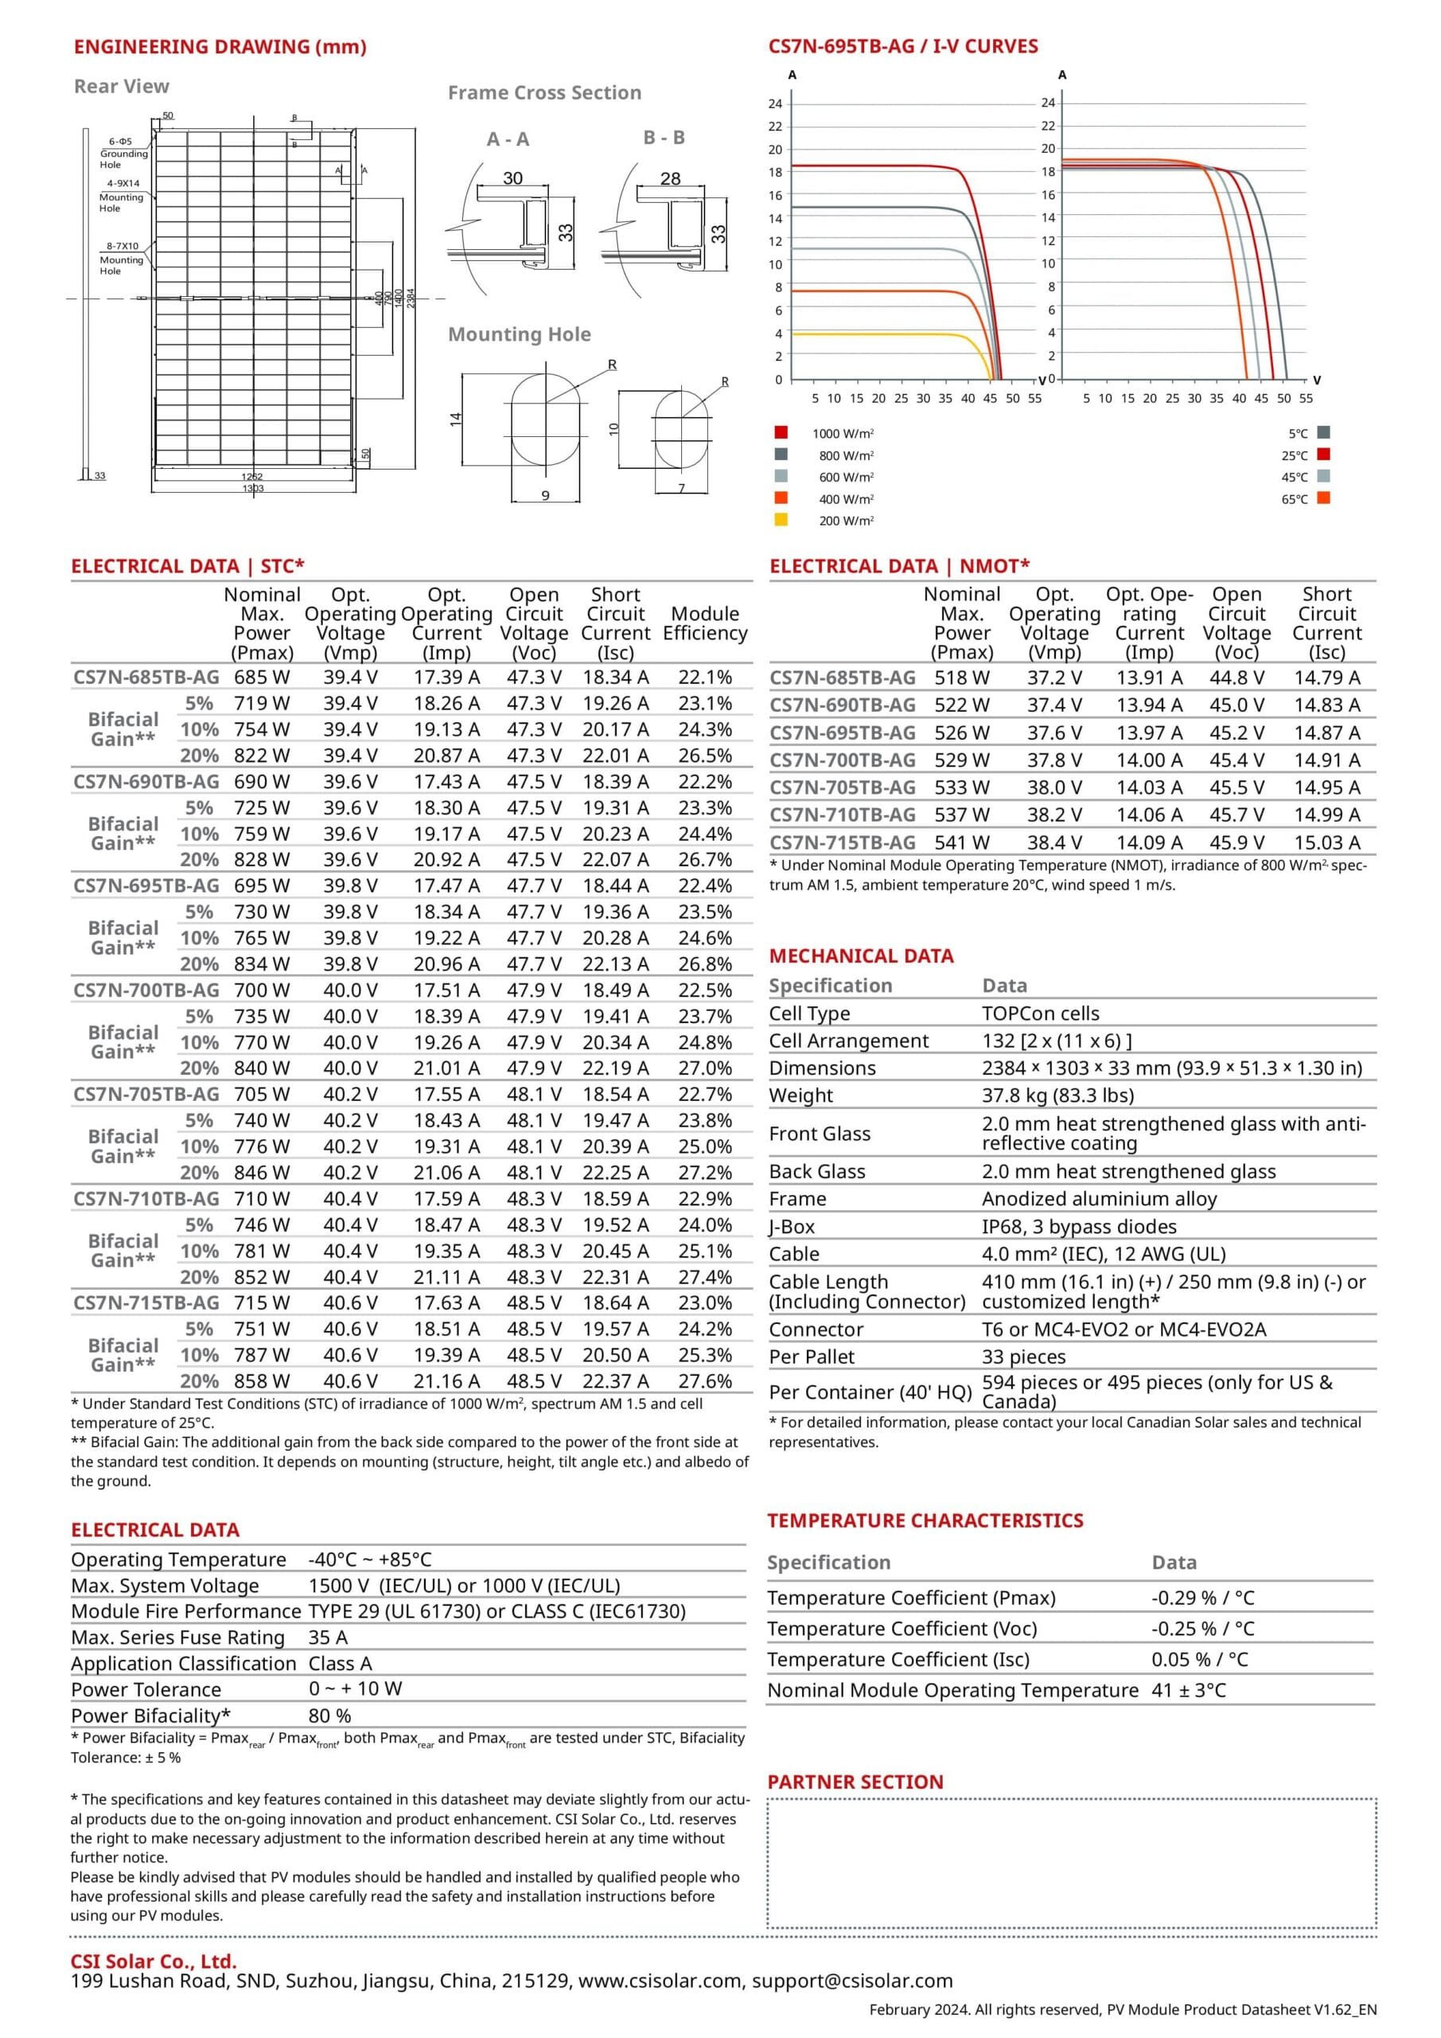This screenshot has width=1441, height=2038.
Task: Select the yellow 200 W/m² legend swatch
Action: coord(781,520)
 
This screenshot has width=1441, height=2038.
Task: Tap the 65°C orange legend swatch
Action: coord(1324,498)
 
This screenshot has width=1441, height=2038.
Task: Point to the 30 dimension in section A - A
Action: coord(513,178)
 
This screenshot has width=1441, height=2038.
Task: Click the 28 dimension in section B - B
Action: coord(670,178)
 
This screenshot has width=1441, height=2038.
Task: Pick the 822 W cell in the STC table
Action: coord(262,755)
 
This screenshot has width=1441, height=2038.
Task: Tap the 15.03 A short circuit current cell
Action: coord(1326,842)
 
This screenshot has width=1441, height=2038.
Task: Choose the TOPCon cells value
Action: coord(1040,1013)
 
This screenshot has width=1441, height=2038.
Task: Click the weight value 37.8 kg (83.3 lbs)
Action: coord(1057,1095)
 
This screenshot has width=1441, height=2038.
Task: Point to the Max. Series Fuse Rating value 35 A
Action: coord(329,1638)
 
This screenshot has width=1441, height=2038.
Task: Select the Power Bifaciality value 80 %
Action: coord(330,1716)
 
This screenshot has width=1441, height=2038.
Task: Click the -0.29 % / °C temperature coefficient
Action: coord(1202,1598)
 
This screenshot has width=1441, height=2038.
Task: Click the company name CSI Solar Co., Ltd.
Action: coord(154,1962)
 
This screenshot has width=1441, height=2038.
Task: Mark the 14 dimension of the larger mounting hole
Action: coord(456,418)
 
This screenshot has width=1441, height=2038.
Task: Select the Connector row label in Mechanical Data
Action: coord(815,1329)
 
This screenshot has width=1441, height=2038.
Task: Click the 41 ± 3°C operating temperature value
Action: coord(1188,1690)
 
